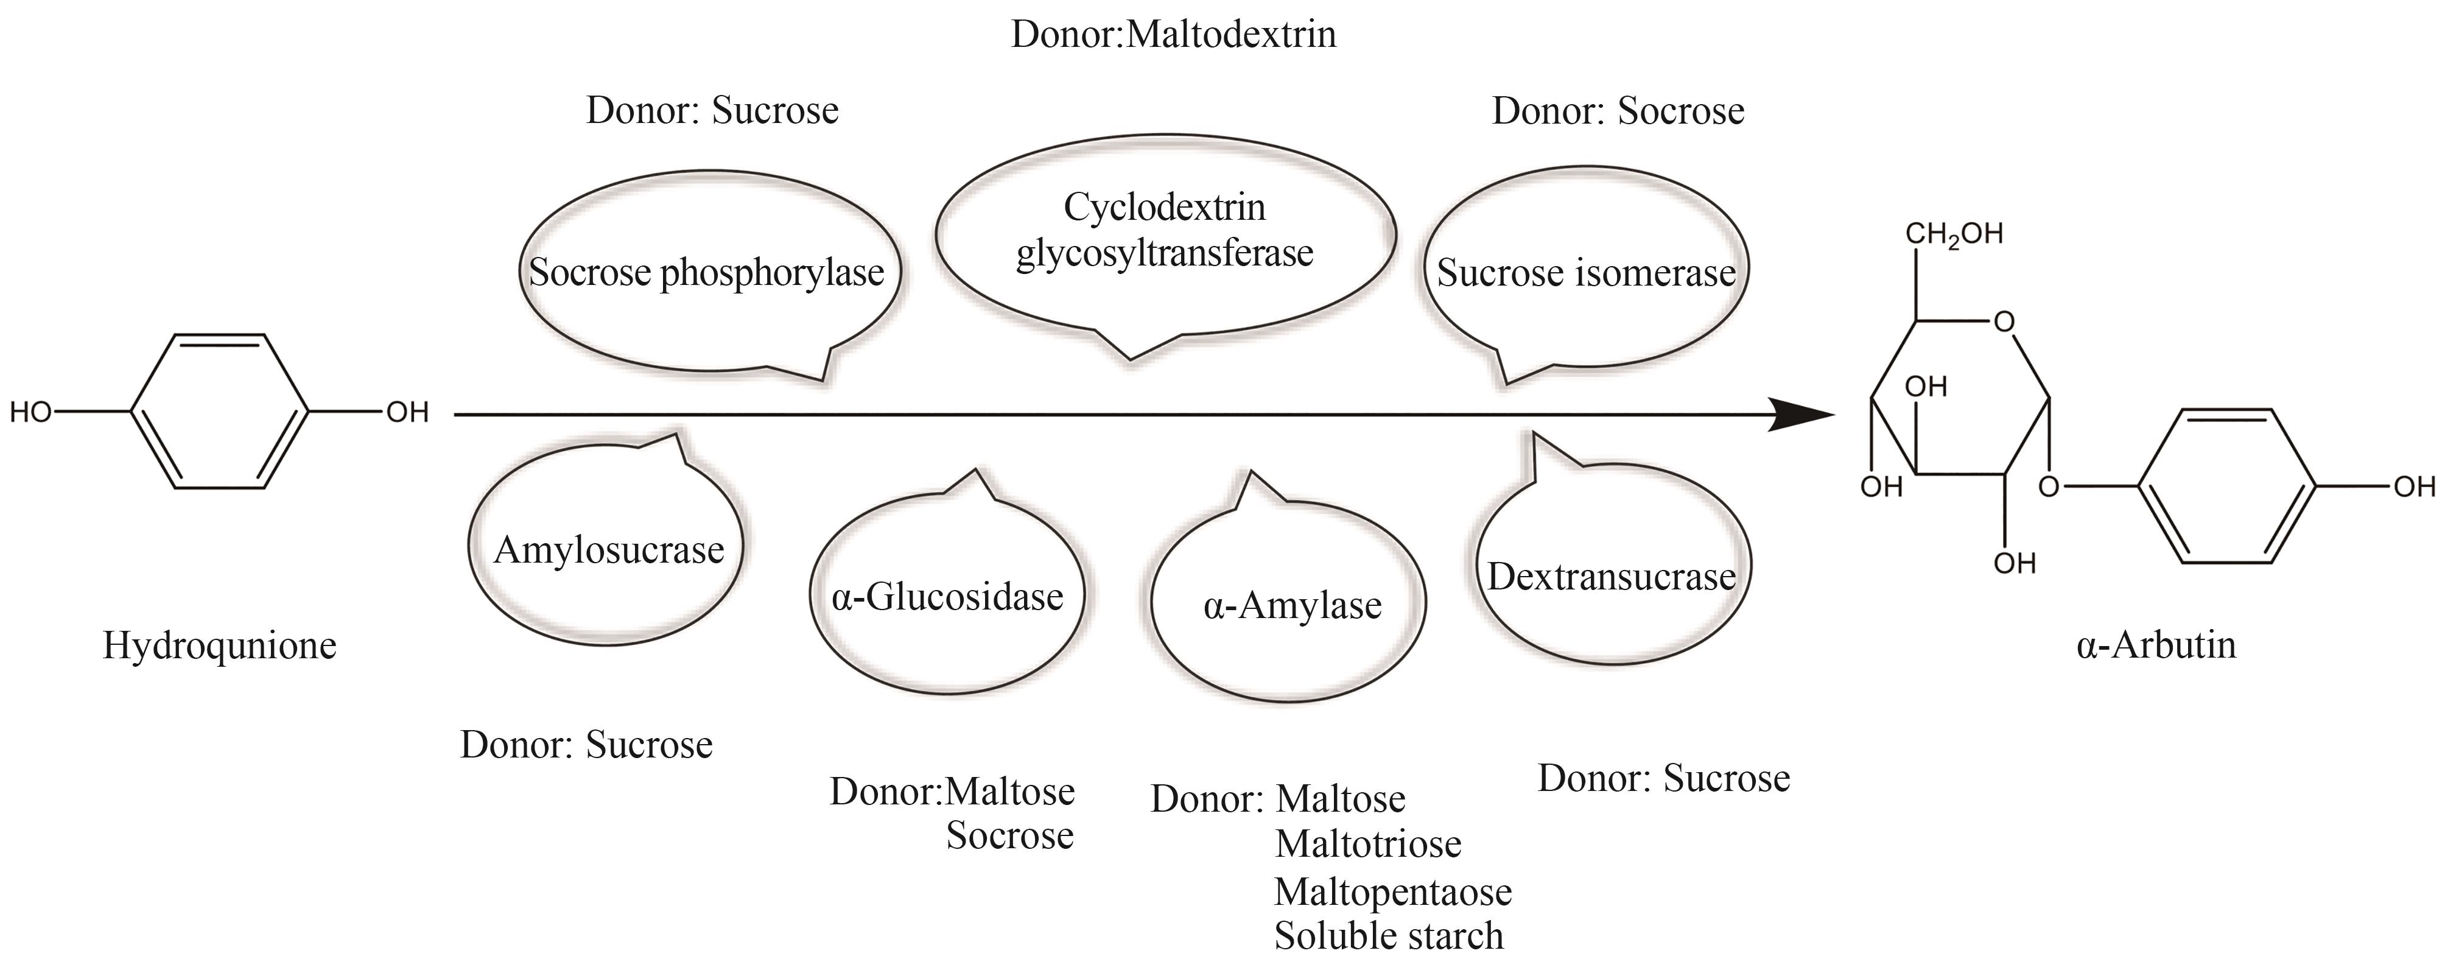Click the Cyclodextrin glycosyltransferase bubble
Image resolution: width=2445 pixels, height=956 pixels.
pos(1165,231)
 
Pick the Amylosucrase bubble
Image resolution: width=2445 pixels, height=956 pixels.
pos(608,550)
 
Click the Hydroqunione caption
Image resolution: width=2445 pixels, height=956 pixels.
pos(219,645)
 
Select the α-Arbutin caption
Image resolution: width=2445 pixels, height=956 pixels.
pos(2156,645)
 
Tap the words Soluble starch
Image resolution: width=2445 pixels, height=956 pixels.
pos(1389,935)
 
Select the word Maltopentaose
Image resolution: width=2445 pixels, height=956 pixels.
pos(1392,891)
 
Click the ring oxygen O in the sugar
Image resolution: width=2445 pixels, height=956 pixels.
pos(2004,323)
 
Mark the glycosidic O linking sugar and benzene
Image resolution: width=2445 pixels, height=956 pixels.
pos(2049,488)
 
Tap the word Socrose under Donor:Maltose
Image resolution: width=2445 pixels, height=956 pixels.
pos(1010,835)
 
